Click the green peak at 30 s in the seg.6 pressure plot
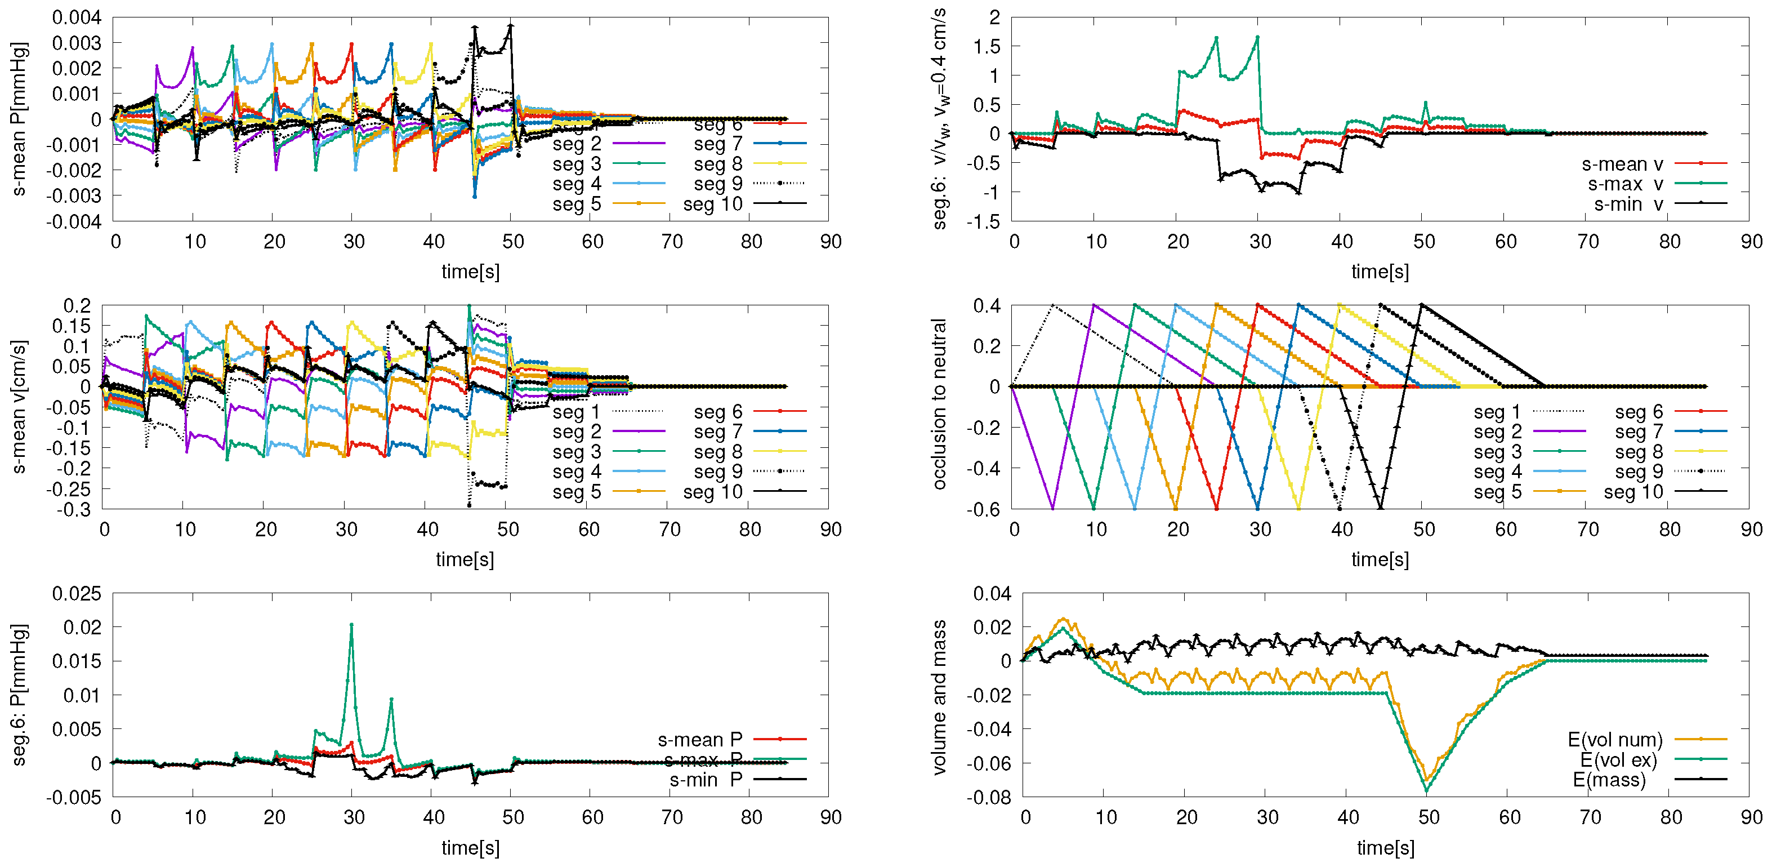[x=351, y=625]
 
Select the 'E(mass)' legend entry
[x=1610, y=780]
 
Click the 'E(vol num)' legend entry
[x=1615, y=740]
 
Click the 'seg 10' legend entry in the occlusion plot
[x=1633, y=492]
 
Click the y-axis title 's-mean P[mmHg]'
[x=19, y=118]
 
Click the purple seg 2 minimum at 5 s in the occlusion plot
[x=1052, y=509]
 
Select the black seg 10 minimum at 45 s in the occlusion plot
[x=1381, y=509]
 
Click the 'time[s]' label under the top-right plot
[x=1380, y=271]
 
